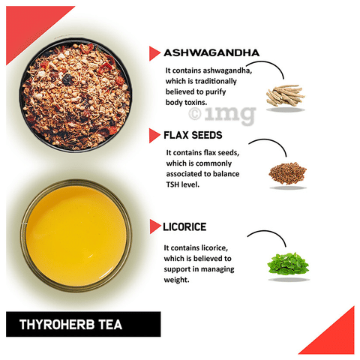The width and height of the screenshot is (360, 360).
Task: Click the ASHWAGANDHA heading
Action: coord(211,52)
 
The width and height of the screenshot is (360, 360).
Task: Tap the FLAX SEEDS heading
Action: coord(193,135)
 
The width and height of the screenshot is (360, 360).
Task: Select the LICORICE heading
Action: coord(184,226)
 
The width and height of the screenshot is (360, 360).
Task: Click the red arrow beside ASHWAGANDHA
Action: coord(154,53)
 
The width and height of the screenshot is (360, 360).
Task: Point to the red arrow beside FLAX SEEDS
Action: coord(154,136)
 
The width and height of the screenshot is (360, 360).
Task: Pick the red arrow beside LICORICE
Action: coord(154,226)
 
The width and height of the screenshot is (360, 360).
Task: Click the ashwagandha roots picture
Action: coord(285,95)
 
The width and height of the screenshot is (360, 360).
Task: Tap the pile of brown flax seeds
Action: coord(287,173)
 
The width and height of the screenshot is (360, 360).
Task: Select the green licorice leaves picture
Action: coord(288,263)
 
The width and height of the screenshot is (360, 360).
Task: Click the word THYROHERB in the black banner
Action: coord(57,325)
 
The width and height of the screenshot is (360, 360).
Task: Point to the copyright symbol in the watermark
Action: coord(195,114)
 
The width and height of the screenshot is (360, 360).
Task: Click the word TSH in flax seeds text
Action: coord(172,184)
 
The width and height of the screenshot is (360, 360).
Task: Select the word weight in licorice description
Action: coord(176,280)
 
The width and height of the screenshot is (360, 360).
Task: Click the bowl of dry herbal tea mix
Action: coord(76,95)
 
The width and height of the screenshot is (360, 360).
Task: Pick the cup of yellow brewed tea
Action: coord(76,235)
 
